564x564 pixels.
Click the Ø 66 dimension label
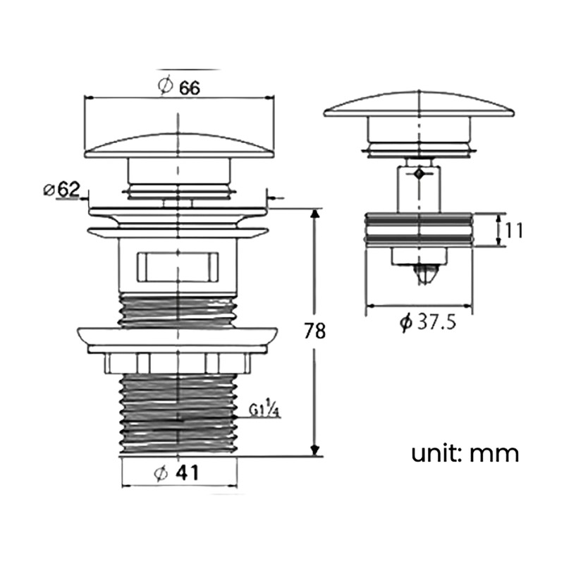coord(179,86)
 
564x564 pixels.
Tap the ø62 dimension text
coord(61,190)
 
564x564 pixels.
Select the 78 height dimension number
coord(314,331)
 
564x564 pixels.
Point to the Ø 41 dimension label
coord(176,472)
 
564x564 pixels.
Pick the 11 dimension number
coord(514,231)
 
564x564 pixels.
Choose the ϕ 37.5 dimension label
coord(428,321)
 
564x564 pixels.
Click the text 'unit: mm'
coord(465,453)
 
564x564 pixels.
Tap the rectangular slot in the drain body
coord(178,267)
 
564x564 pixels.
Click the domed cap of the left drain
coord(179,147)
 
